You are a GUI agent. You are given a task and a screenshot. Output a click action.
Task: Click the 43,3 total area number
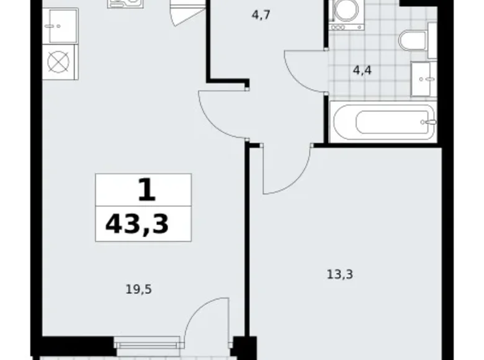[137, 223]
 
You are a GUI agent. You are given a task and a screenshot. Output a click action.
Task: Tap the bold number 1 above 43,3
[146, 189]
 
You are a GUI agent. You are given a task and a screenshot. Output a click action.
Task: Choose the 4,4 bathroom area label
[362, 70]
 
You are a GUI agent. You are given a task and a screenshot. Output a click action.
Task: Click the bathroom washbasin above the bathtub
[425, 79]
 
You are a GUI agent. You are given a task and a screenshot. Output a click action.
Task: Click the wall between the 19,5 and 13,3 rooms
[246, 248]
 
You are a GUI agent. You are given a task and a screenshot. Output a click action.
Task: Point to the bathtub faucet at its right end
[428, 122]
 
